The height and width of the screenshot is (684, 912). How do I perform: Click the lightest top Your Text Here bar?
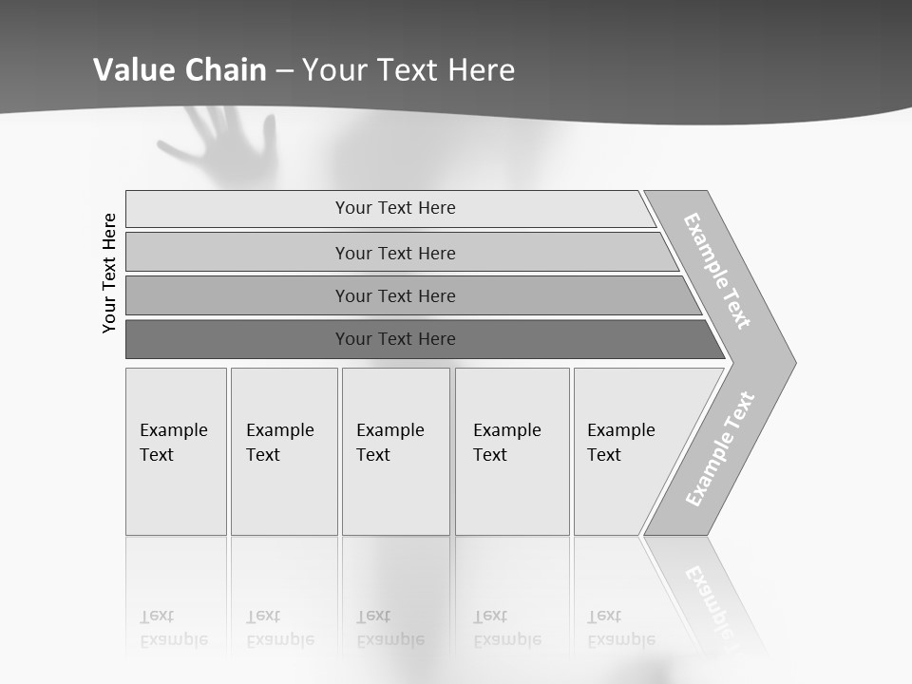point(394,208)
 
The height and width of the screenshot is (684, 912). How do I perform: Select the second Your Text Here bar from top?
point(394,253)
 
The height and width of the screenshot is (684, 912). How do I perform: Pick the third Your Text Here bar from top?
point(394,295)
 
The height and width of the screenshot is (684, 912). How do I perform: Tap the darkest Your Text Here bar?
point(394,339)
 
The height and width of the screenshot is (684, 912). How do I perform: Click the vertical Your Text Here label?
point(109,273)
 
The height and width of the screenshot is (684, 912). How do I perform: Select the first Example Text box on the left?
point(176,451)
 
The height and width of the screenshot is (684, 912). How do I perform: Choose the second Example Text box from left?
point(284,451)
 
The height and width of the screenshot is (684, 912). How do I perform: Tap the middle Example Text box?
point(395,451)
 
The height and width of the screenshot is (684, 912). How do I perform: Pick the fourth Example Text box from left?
point(512,451)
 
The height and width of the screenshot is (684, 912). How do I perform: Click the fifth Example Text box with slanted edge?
point(632,451)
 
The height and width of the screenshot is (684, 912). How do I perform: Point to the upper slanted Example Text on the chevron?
point(718,271)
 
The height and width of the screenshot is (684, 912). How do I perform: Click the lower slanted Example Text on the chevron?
point(720,449)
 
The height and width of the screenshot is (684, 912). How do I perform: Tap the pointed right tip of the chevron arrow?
point(792,362)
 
